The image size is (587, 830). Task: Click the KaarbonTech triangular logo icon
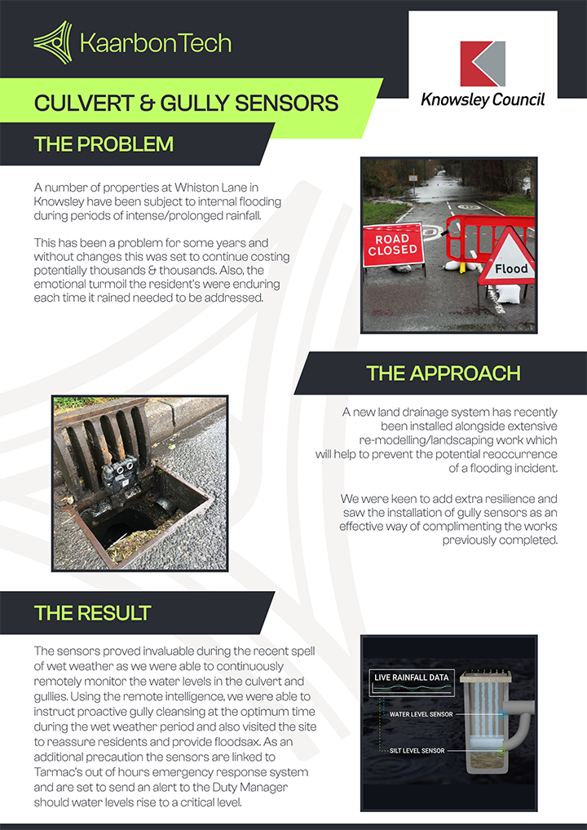click(x=52, y=42)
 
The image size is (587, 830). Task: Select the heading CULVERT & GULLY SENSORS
click(x=186, y=103)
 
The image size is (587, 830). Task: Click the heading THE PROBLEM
click(x=104, y=144)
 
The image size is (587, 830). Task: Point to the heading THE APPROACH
click(x=443, y=373)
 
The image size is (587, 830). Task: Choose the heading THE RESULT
click(x=92, y=612)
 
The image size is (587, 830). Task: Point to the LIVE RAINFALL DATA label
click(x=411, y=677)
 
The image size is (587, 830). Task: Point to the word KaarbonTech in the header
click(x=156, y=42)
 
